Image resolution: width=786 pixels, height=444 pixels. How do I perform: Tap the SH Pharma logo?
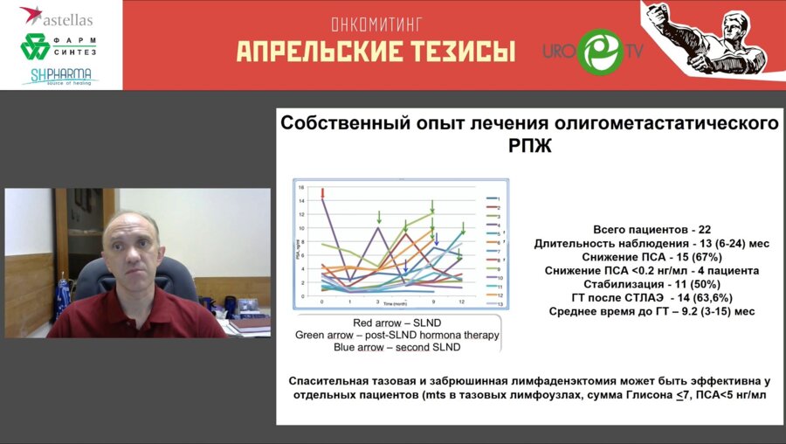click(x=59, y=76)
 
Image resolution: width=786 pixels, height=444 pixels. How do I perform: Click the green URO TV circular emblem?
click(x=601, y=52)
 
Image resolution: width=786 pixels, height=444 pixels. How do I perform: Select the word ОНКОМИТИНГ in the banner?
click(x=376, y=25)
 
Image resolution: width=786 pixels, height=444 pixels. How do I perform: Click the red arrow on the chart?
click(x=323, y=193)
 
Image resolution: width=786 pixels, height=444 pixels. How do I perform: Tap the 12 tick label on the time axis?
click(x=460, y=301)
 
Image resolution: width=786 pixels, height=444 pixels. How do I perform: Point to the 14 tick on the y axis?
click(x=300, y=202)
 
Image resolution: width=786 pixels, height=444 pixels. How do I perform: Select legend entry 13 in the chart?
click(x=500, y=303)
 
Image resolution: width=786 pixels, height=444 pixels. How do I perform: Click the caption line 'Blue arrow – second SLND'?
click(x=396, y=347)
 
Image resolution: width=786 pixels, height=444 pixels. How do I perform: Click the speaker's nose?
click(x=130, y=260)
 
